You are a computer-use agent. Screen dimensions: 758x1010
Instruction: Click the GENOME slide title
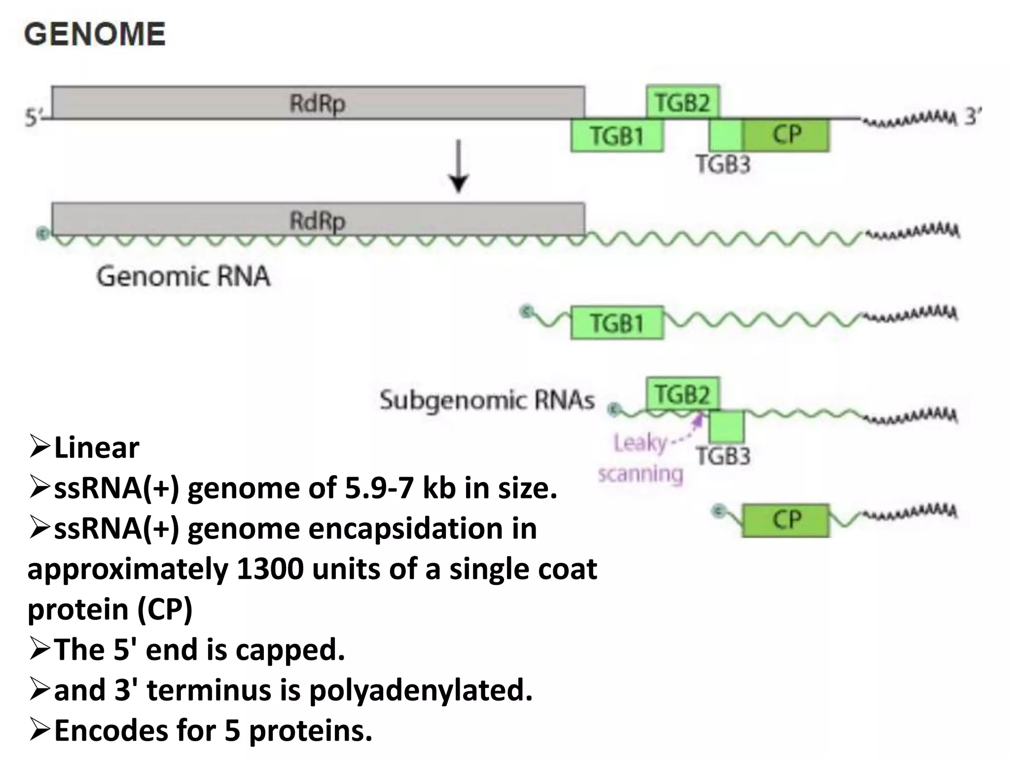point(95,34)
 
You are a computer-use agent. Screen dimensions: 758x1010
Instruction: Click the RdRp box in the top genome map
point(318,103)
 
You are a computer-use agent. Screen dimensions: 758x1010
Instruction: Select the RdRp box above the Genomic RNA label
point(318,219)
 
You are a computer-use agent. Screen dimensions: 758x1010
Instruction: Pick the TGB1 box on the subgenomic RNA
point(617,323)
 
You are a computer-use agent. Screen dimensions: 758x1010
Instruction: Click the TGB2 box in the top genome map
point(683,102)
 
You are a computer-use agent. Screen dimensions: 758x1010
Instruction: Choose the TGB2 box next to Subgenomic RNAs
point(683,394)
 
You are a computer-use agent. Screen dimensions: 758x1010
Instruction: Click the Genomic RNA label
point(183,276)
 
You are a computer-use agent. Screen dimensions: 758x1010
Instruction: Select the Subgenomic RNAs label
point(487,400)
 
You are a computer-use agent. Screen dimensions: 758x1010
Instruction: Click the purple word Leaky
point(640,443)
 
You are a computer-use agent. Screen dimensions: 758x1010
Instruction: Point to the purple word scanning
point(640,474)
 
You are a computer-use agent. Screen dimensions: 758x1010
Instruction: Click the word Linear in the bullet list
point(96,448)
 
